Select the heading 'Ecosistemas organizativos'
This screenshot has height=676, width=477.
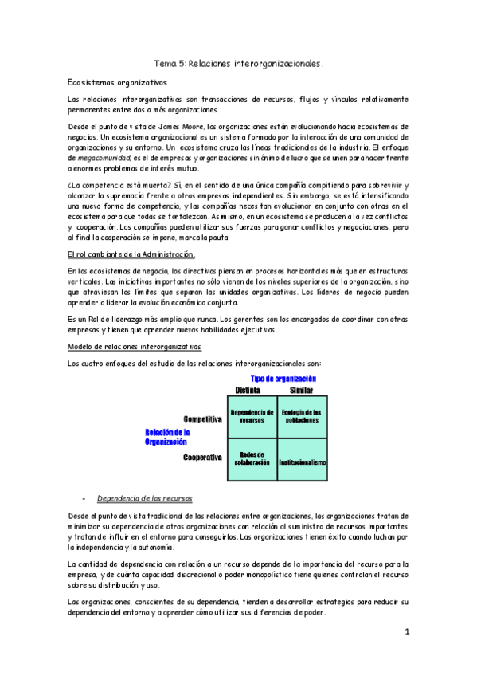[116, 81]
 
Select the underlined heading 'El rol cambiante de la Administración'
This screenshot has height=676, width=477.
[131, 254]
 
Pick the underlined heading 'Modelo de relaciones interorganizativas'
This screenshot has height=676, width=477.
[135, 347]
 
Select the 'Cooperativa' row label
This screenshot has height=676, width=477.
[202, 458]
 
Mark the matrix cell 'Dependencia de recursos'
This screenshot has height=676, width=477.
[252, 415]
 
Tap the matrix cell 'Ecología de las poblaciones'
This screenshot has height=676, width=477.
[301, 415]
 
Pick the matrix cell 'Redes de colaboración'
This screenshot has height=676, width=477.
[252, 458]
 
